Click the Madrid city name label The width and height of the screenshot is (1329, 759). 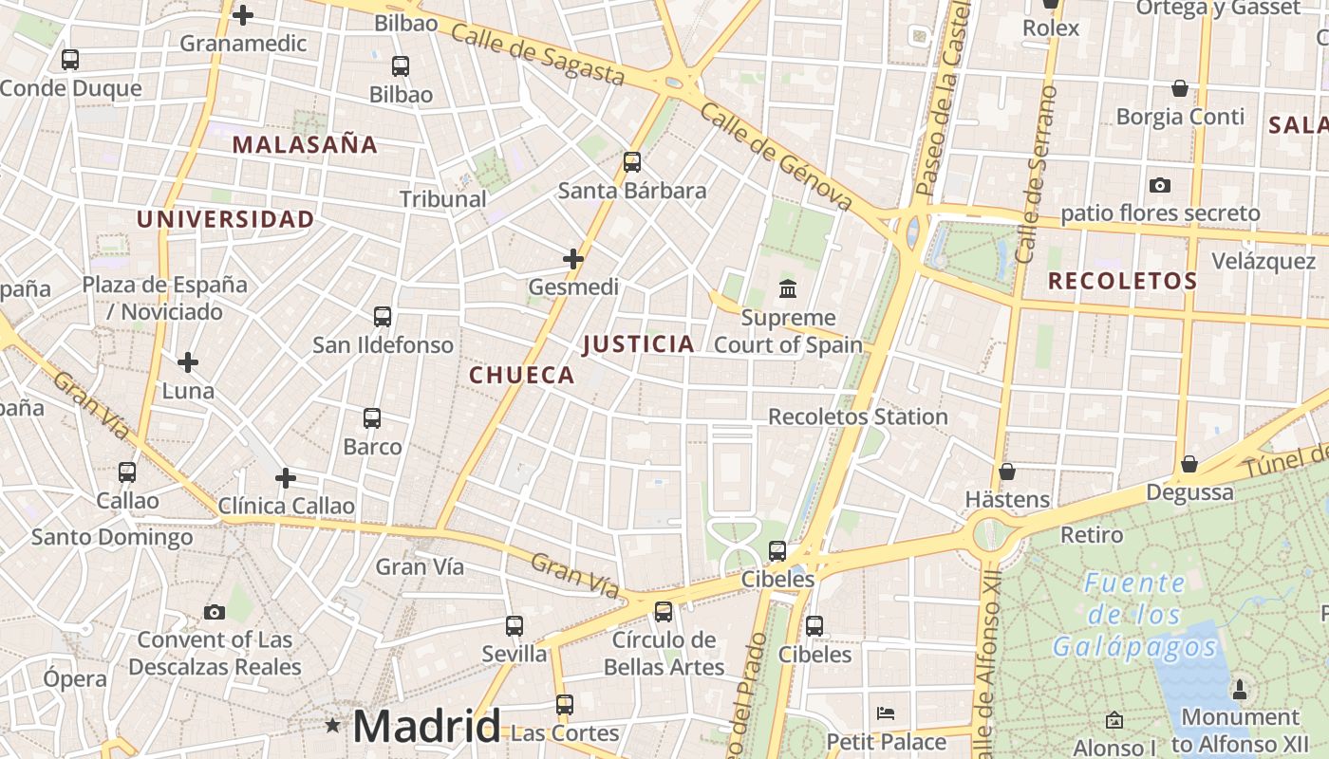point(426,727)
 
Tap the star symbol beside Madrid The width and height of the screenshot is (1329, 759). point(332,726)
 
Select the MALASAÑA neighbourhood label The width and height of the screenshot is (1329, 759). point(305,145)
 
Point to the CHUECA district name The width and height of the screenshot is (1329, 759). point(522,375)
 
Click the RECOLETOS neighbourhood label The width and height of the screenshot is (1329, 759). point(1122,281)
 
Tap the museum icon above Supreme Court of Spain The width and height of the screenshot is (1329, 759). point(788,288)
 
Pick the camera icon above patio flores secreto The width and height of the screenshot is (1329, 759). point(1159,185)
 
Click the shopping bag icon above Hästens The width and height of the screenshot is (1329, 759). point(1007,472)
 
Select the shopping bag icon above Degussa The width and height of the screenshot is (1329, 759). point(1189,464)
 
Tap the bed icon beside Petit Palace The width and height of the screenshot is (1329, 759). point(886,713)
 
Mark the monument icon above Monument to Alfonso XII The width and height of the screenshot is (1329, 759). point(1239,689)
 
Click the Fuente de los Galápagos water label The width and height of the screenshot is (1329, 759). point(1134,615)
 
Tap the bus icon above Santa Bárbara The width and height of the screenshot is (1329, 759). point(632,162)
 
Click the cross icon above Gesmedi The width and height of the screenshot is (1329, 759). point(573,258)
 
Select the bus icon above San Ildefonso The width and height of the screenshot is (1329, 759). point(383,317)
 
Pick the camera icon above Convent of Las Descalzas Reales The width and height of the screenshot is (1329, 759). point(215,612)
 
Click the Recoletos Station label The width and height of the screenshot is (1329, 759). point(857,417)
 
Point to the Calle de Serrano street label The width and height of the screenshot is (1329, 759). point(1036,176)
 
